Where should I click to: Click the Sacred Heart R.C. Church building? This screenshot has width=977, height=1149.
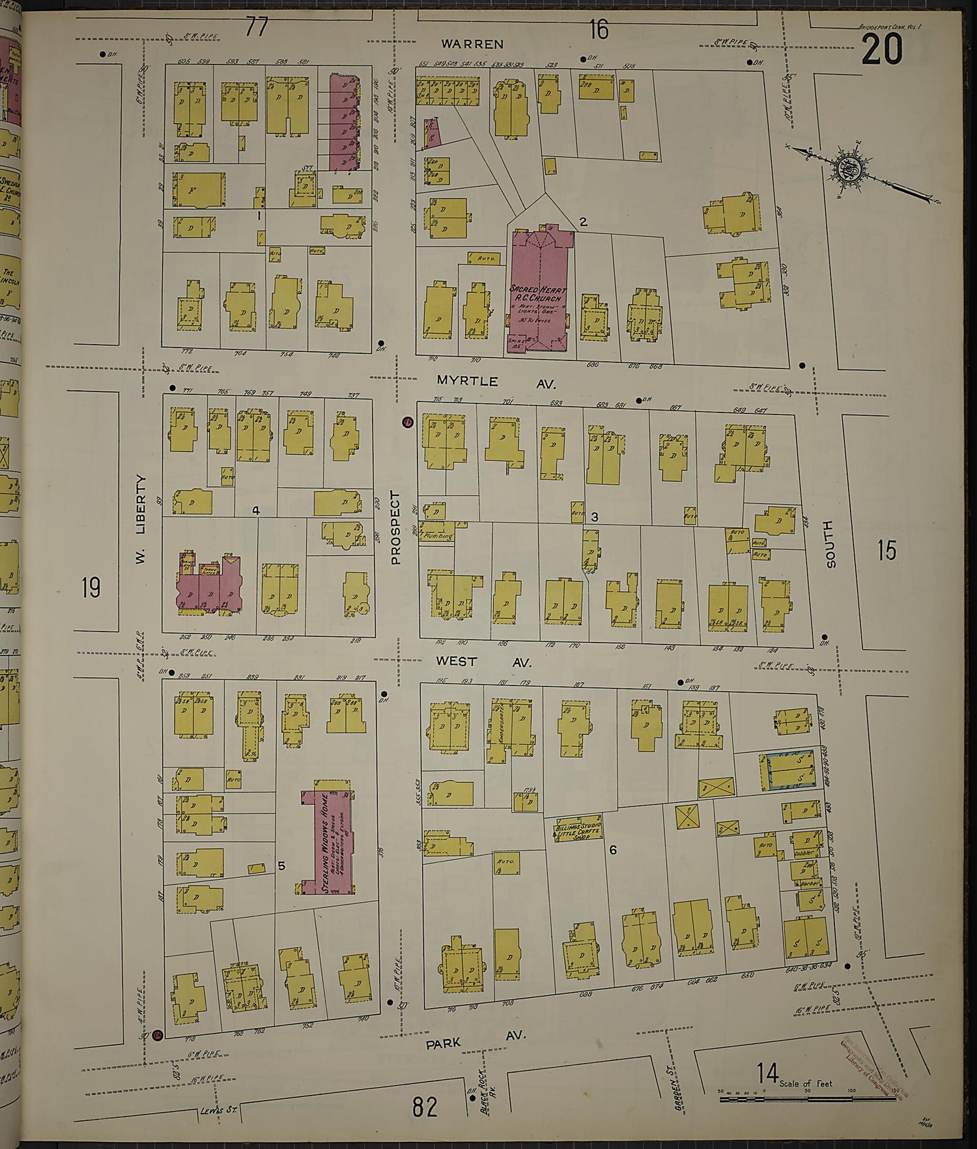539,290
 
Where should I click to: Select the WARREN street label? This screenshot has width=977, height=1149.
472,44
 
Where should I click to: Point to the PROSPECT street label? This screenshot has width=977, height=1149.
395,528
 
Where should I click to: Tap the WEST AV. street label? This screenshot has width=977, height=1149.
483,662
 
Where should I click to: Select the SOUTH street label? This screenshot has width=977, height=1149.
830,544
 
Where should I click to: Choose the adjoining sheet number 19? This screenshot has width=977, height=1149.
91,589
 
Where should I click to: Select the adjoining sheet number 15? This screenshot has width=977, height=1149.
886,551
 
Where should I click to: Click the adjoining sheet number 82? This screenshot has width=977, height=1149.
424,1106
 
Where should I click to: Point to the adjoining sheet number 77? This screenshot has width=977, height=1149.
257,27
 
